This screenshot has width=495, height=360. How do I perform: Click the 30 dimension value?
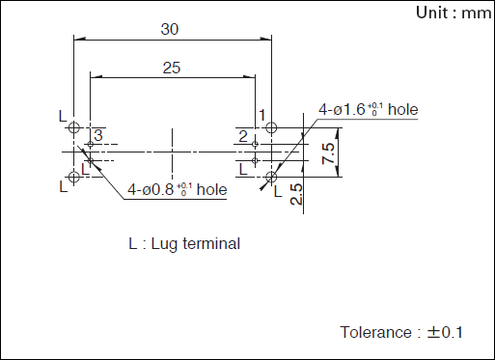170,29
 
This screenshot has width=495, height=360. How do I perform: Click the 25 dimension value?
172,68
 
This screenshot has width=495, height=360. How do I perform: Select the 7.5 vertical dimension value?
328,153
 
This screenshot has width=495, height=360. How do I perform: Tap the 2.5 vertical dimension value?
296,194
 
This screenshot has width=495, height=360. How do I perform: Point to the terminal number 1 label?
262,115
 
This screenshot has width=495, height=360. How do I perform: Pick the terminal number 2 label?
243,137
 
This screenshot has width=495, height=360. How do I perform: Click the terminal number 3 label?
98,135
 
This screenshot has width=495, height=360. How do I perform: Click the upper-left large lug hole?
74,127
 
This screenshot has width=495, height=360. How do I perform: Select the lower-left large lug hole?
74,177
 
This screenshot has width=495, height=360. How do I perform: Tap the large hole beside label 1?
271,127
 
